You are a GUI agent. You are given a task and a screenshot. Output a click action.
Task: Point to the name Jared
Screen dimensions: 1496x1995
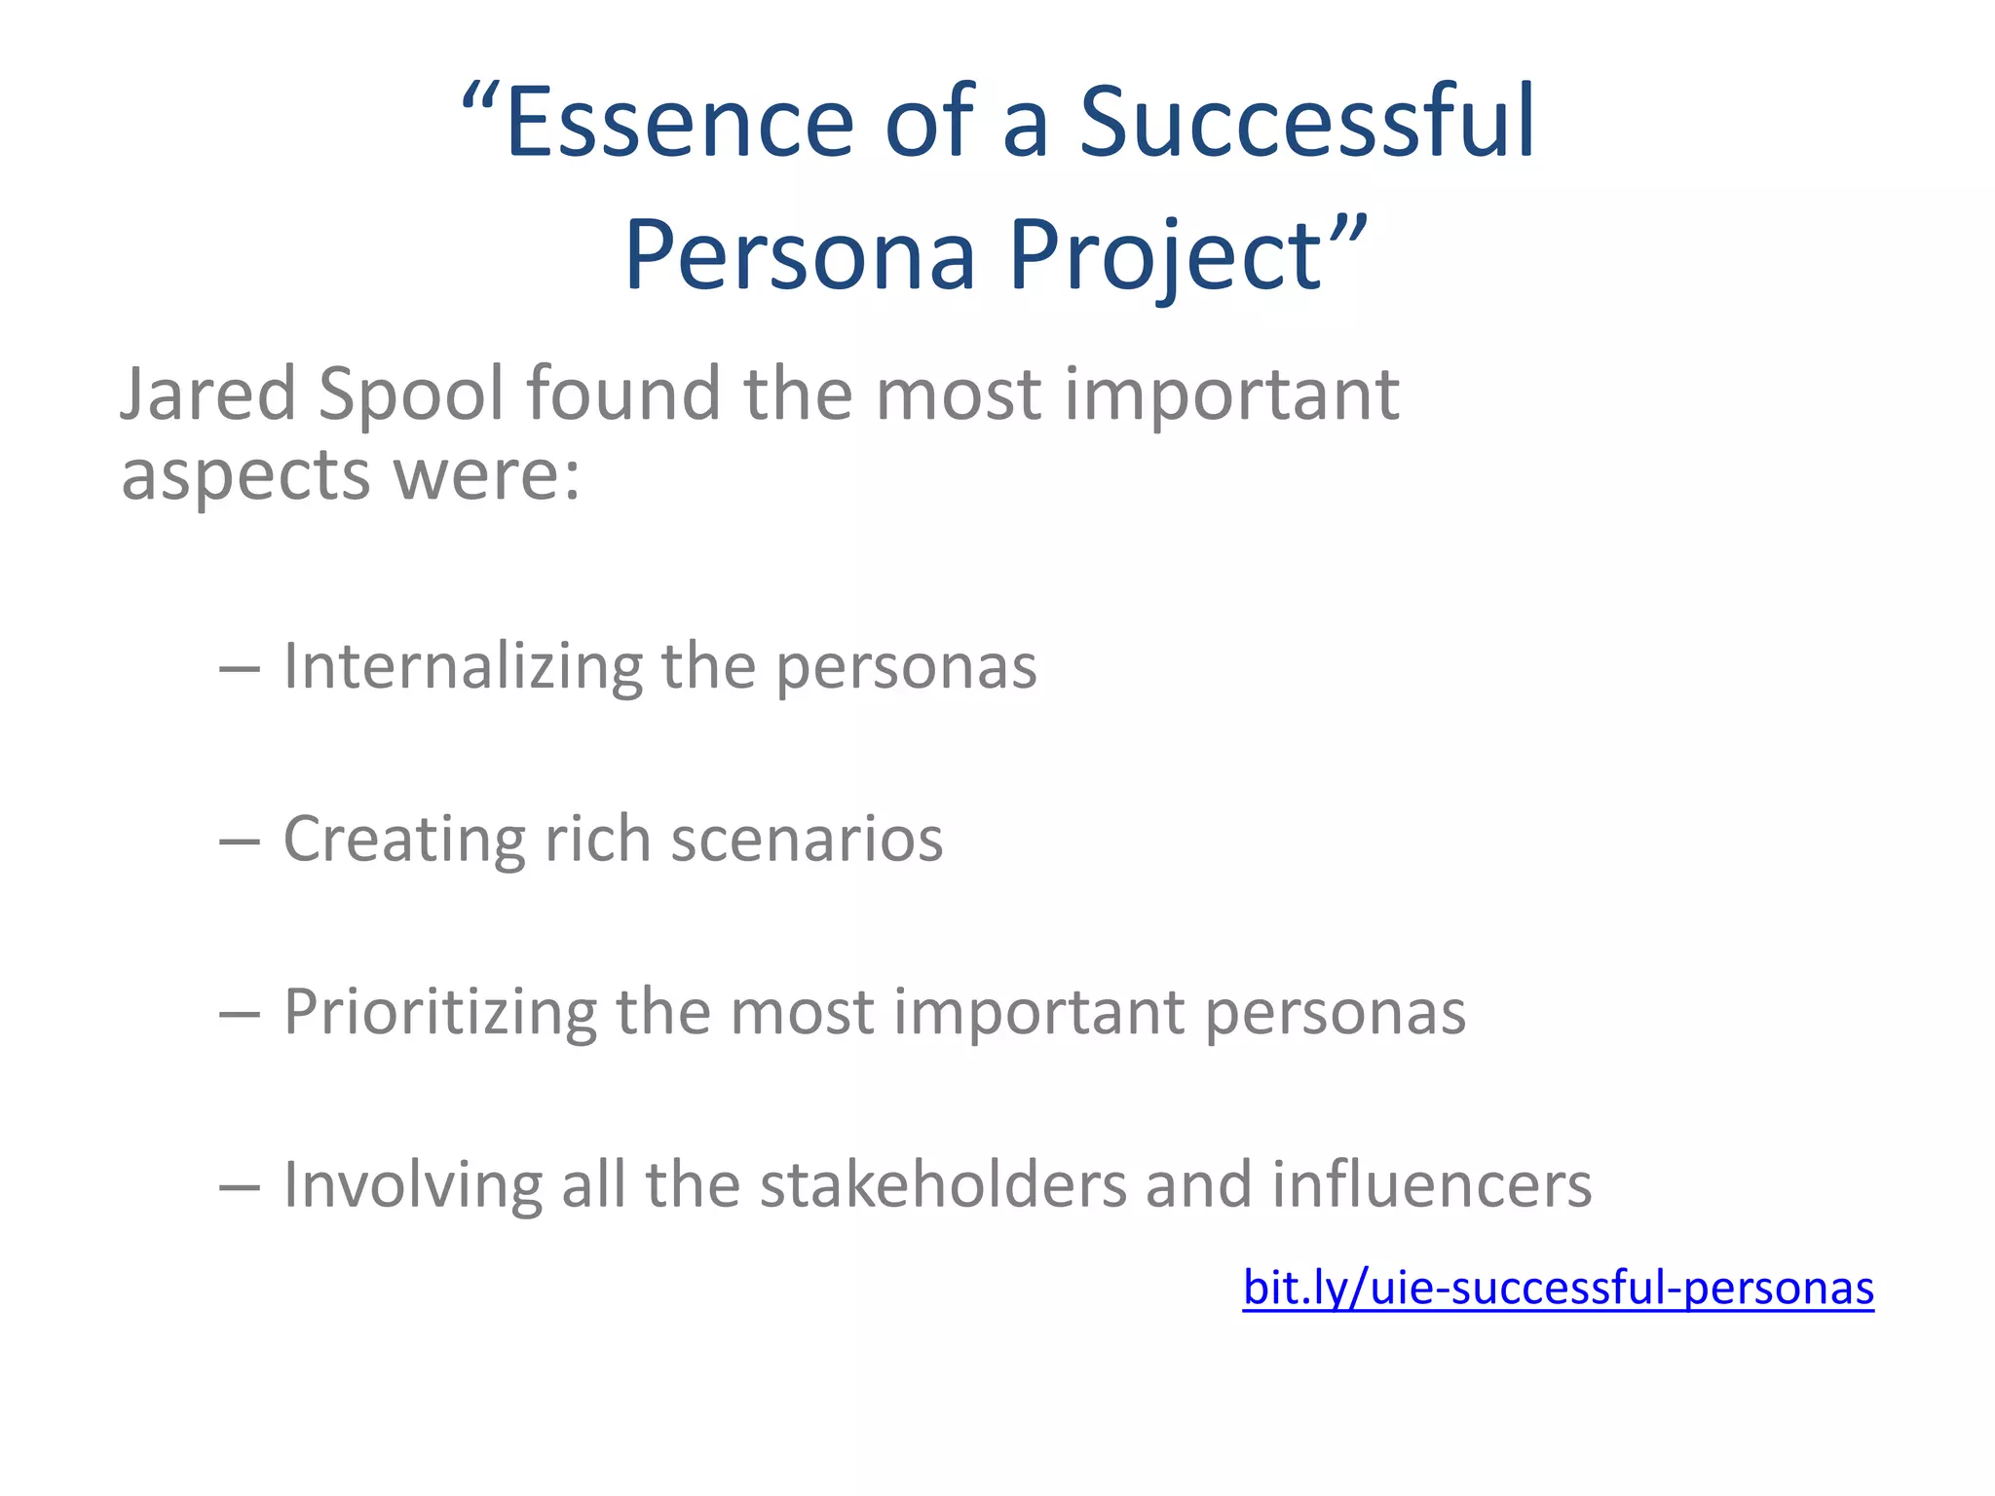coord(207,393)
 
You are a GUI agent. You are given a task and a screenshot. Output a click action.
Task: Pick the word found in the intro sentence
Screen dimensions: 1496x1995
coord(623,393)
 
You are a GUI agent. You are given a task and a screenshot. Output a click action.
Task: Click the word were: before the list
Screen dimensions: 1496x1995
coord(486,475)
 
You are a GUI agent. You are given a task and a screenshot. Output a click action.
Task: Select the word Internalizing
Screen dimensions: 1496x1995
coord(463,668)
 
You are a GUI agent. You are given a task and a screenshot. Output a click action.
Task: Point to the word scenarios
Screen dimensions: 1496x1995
coord(807,840)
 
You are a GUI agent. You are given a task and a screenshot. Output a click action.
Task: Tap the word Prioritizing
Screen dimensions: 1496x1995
coord(439,1013)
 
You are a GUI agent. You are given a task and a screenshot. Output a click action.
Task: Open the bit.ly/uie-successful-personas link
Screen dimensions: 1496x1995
coord(1558,1288)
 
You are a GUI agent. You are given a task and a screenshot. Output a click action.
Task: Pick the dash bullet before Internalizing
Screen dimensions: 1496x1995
coord(240,669)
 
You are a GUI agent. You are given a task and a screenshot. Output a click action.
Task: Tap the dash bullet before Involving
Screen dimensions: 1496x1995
coord(240,1187)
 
